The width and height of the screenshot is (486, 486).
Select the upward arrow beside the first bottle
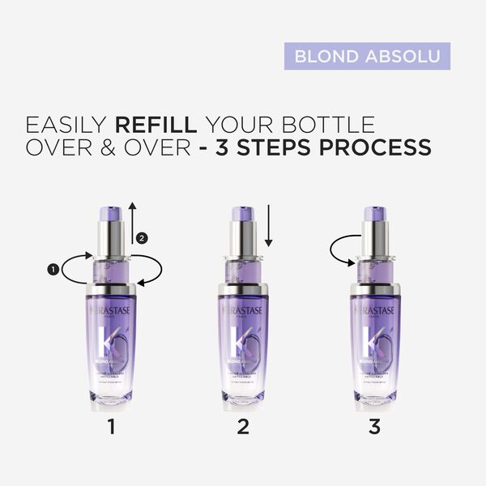point(132,223)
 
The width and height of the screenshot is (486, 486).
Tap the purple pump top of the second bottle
point(241,215)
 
